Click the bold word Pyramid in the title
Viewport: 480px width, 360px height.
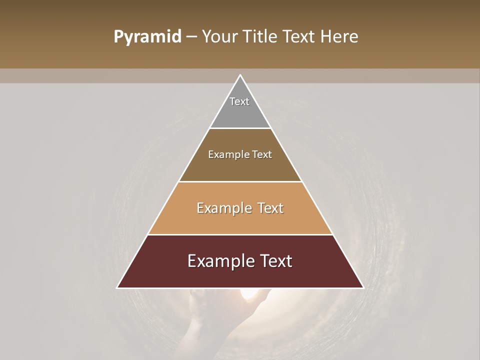[147, 36]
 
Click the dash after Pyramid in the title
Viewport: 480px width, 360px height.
[191, 37]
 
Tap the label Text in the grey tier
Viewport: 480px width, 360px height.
[239, 101]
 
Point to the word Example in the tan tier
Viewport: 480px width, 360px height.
[222, 208]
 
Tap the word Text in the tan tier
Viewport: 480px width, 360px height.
[269, 208]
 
